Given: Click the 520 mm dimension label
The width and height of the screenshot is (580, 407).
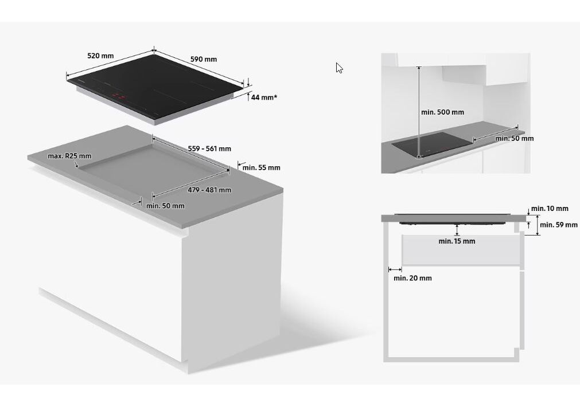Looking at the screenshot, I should pyautogui.click(x=100, y=56).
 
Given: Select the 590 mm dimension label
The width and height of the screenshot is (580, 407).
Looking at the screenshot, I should pyautogui.click(x=203, y=60).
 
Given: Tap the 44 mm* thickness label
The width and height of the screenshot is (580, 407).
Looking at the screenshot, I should pyautogui.click(x=264, y=97).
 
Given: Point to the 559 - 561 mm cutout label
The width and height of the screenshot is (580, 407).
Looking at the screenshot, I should pyautogui.click(x=209, y=149).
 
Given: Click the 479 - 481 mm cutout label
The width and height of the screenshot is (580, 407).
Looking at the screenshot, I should pyautogui.click(x=209, y=190).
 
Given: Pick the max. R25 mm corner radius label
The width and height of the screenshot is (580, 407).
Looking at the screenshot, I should pyautogui.click(x=69, y=156).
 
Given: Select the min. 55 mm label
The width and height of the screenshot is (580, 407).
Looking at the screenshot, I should pyautogui.click(x=261, y=168).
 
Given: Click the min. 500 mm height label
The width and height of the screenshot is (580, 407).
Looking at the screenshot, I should pyautogui.click(x=442, y=112).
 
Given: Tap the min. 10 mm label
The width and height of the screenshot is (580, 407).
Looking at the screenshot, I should pyautogui.click(x=550, y=209).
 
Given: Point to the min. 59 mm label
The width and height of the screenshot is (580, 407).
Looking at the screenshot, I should pyautogui.click(x=559, y=225).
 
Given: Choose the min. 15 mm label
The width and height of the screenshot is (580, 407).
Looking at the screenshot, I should pyautogui.click(x=457, y=241).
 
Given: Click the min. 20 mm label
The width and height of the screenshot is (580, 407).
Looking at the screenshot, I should pyautogui.click(x=412, y=279).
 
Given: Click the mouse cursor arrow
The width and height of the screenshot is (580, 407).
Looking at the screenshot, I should pyautogui.click(x=339, y=68).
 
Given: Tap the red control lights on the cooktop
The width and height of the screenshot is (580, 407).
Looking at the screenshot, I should pyautogui.click(x=118, y=96).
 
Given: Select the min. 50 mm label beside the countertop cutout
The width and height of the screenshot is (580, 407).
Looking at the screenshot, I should pyautogui.click(x=165, y=206).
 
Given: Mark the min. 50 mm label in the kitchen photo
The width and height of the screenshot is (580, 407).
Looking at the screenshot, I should pyautogui.click(x=514, y=139).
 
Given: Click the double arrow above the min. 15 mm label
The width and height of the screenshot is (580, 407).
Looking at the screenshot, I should pyautogui.click(x=457, y=230).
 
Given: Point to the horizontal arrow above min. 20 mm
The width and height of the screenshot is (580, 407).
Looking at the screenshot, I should pyautogui.click(x=395, y=269).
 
